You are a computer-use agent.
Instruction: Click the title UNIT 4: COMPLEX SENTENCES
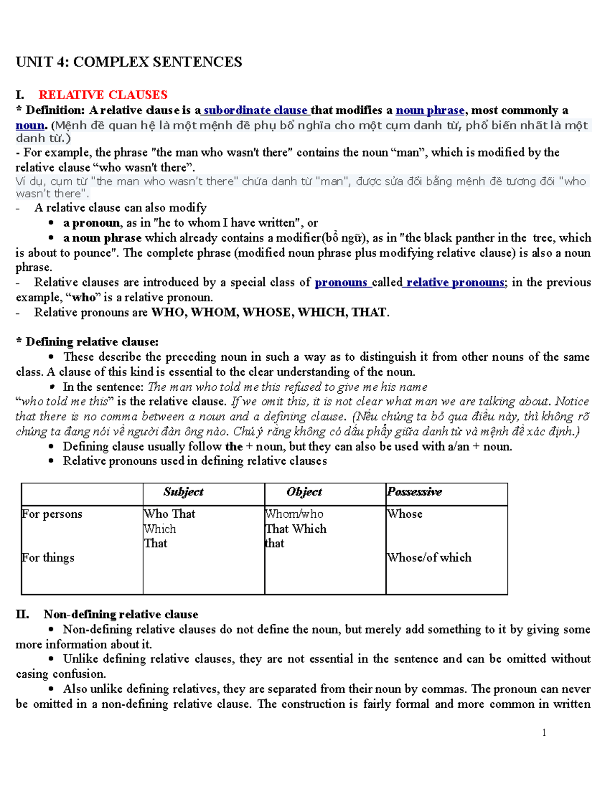click(x=129, y=62)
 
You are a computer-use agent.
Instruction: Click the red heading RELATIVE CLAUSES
click(x=103, y=95)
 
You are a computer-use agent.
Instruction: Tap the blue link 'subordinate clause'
click(x=255, y=110)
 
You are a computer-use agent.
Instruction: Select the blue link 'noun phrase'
click(x=430, y=110)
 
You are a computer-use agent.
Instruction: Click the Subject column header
click(x=184, y=492)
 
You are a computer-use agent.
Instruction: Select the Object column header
click(x=304, y=492)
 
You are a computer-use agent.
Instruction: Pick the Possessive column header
click(x=414, y=492)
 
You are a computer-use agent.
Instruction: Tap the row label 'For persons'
click(x=52, y=514)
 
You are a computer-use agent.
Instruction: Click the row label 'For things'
click(x=48, y=558)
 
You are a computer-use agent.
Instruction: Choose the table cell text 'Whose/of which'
click(x=430, y=558)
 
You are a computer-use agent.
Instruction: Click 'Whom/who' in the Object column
click(x=294, y=514)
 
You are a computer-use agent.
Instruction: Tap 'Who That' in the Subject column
click(x=170, y=514)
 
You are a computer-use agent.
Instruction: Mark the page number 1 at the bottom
click(x=544, y=733)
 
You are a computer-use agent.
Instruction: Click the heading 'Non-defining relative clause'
click(x=121, y=615)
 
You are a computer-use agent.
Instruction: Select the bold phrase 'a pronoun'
click(x=91, y=223)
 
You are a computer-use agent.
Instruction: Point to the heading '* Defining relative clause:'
click(x=87, y=342)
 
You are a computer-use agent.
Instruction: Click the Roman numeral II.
click(x=22, y=615)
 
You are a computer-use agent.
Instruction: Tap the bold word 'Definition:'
click(x=55, y=110)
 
